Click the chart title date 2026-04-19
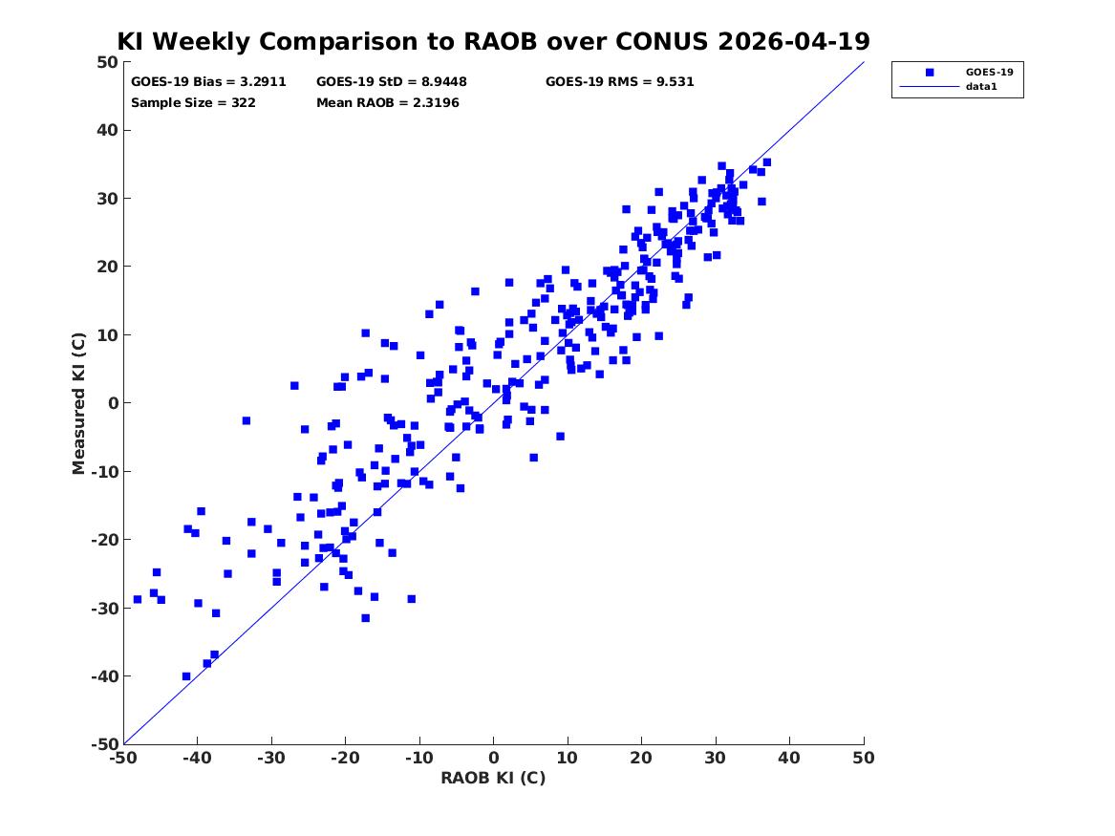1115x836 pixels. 794,41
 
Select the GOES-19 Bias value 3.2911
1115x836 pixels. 263,82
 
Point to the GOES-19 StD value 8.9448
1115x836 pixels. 443,82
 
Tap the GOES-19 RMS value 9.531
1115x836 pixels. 675,82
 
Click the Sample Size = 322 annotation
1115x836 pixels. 193,102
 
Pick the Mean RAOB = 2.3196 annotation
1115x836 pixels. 388,102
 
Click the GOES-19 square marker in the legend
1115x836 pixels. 930,72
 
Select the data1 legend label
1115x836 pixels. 981,86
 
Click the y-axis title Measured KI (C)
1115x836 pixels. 78,403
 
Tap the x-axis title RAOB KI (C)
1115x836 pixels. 494,778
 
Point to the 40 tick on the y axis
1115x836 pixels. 107,130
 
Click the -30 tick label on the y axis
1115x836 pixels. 104,608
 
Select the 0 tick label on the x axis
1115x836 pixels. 494,758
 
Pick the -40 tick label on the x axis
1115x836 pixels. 197,758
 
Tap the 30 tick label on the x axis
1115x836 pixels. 716,758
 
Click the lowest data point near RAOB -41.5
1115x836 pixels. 186,676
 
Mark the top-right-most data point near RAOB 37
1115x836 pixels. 766,162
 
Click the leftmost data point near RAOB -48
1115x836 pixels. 138,599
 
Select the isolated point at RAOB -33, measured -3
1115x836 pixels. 247,420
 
